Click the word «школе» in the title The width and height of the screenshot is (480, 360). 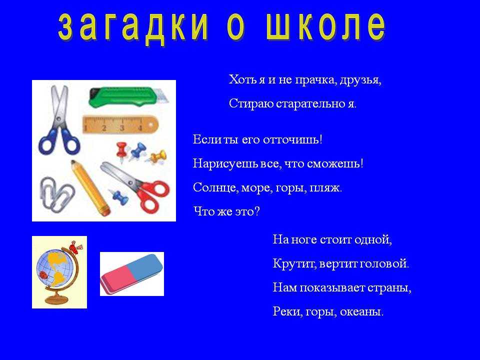pyautogui.click(x=326, y=26)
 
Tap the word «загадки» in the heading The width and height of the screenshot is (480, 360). pyautogui.click(x=133, y=27)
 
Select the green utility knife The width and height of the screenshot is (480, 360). pyautogui.click(x=128, y=97)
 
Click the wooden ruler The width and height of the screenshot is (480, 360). pyautogui.click(x=120, y=125)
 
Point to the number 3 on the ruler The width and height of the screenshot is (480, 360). pyautogui.click(x=122, y=128)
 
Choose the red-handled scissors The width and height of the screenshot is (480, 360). pyautogui.click(x=136, y=186)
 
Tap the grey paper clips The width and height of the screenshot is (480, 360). pyautogui.click(x=57, y=194)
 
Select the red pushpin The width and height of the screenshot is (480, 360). pyautogui.click(x=122, y=151)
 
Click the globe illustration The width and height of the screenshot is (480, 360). pyautogui.click(x=59, y=272)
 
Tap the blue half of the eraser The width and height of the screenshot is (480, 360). pyautogui.click(x=144, y=267)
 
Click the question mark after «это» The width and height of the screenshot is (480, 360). pyautogui.click(x=256, y=211)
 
